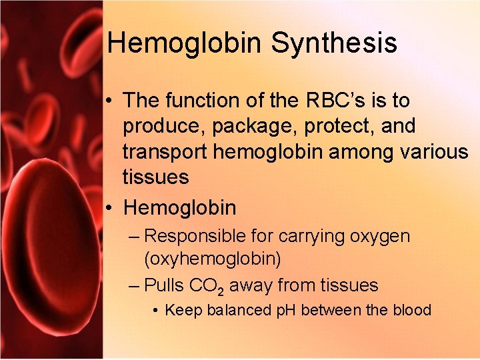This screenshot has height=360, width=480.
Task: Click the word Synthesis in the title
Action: pos(334,43)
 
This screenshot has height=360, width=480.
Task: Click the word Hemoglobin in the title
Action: pos(185,43)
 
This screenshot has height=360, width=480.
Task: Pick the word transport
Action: pos(165,152)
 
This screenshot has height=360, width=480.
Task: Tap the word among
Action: pos(366,152)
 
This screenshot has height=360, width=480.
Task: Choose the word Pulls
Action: pos(165,286)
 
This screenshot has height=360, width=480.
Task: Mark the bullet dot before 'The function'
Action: pos(109,101)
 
